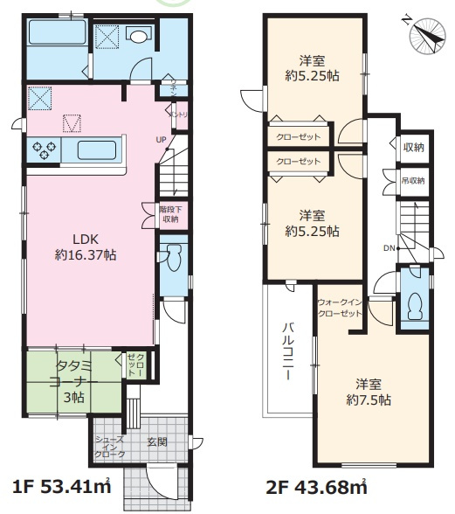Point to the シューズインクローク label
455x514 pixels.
(x=109, y=447)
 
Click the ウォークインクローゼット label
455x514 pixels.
(x=341, y=306)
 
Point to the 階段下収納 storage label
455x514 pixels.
(x=169, y=214)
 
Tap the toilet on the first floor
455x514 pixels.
(x=171, y=260)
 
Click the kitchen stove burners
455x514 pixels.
(x=45, y=149)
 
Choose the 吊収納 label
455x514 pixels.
(x=413, y=181)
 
